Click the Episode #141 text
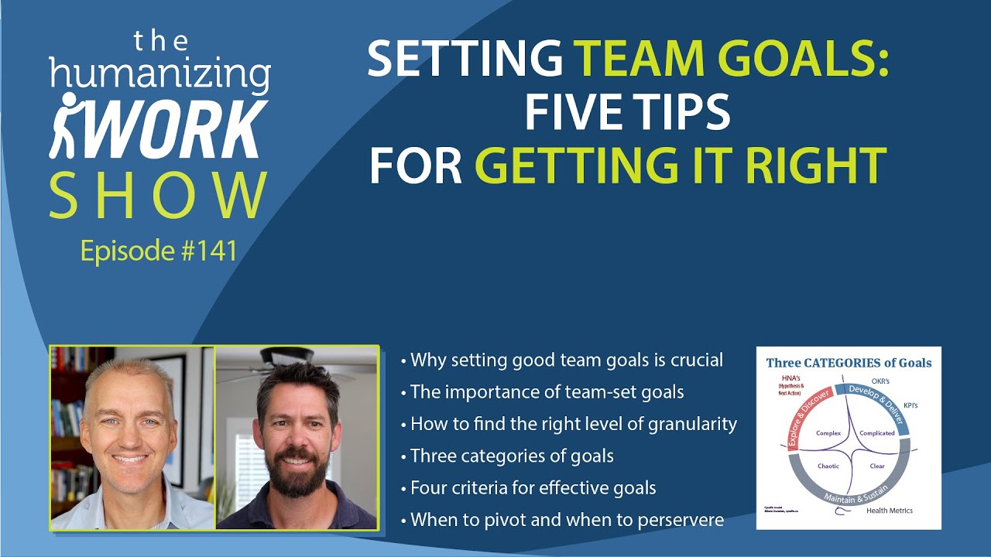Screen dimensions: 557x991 point(159,251)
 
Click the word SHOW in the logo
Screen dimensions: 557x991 point(159,197)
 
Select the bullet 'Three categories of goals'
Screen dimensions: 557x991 point(512,456)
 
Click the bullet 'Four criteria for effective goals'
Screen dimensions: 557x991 point(533,487)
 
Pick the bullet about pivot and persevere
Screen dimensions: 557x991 point(567,519)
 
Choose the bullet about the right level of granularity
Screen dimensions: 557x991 point(573,424)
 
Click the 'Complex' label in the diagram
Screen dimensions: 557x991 point(828,433)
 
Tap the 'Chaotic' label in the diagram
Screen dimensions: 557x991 point(828,466)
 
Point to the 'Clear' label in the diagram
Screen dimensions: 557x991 point(877,466)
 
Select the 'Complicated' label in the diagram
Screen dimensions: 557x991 point(878,433)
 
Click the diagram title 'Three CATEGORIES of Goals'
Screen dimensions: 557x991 point(849,362)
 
